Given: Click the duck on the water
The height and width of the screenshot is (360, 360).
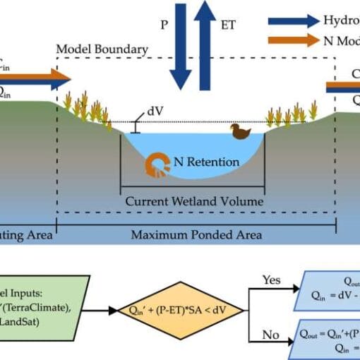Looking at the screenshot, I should click(241, 132).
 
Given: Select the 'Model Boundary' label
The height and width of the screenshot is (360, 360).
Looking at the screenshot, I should click(102, 49).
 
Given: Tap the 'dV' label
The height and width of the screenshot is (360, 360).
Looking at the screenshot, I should click(156, 111).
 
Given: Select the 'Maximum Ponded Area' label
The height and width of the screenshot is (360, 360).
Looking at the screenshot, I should click(196, 234).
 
